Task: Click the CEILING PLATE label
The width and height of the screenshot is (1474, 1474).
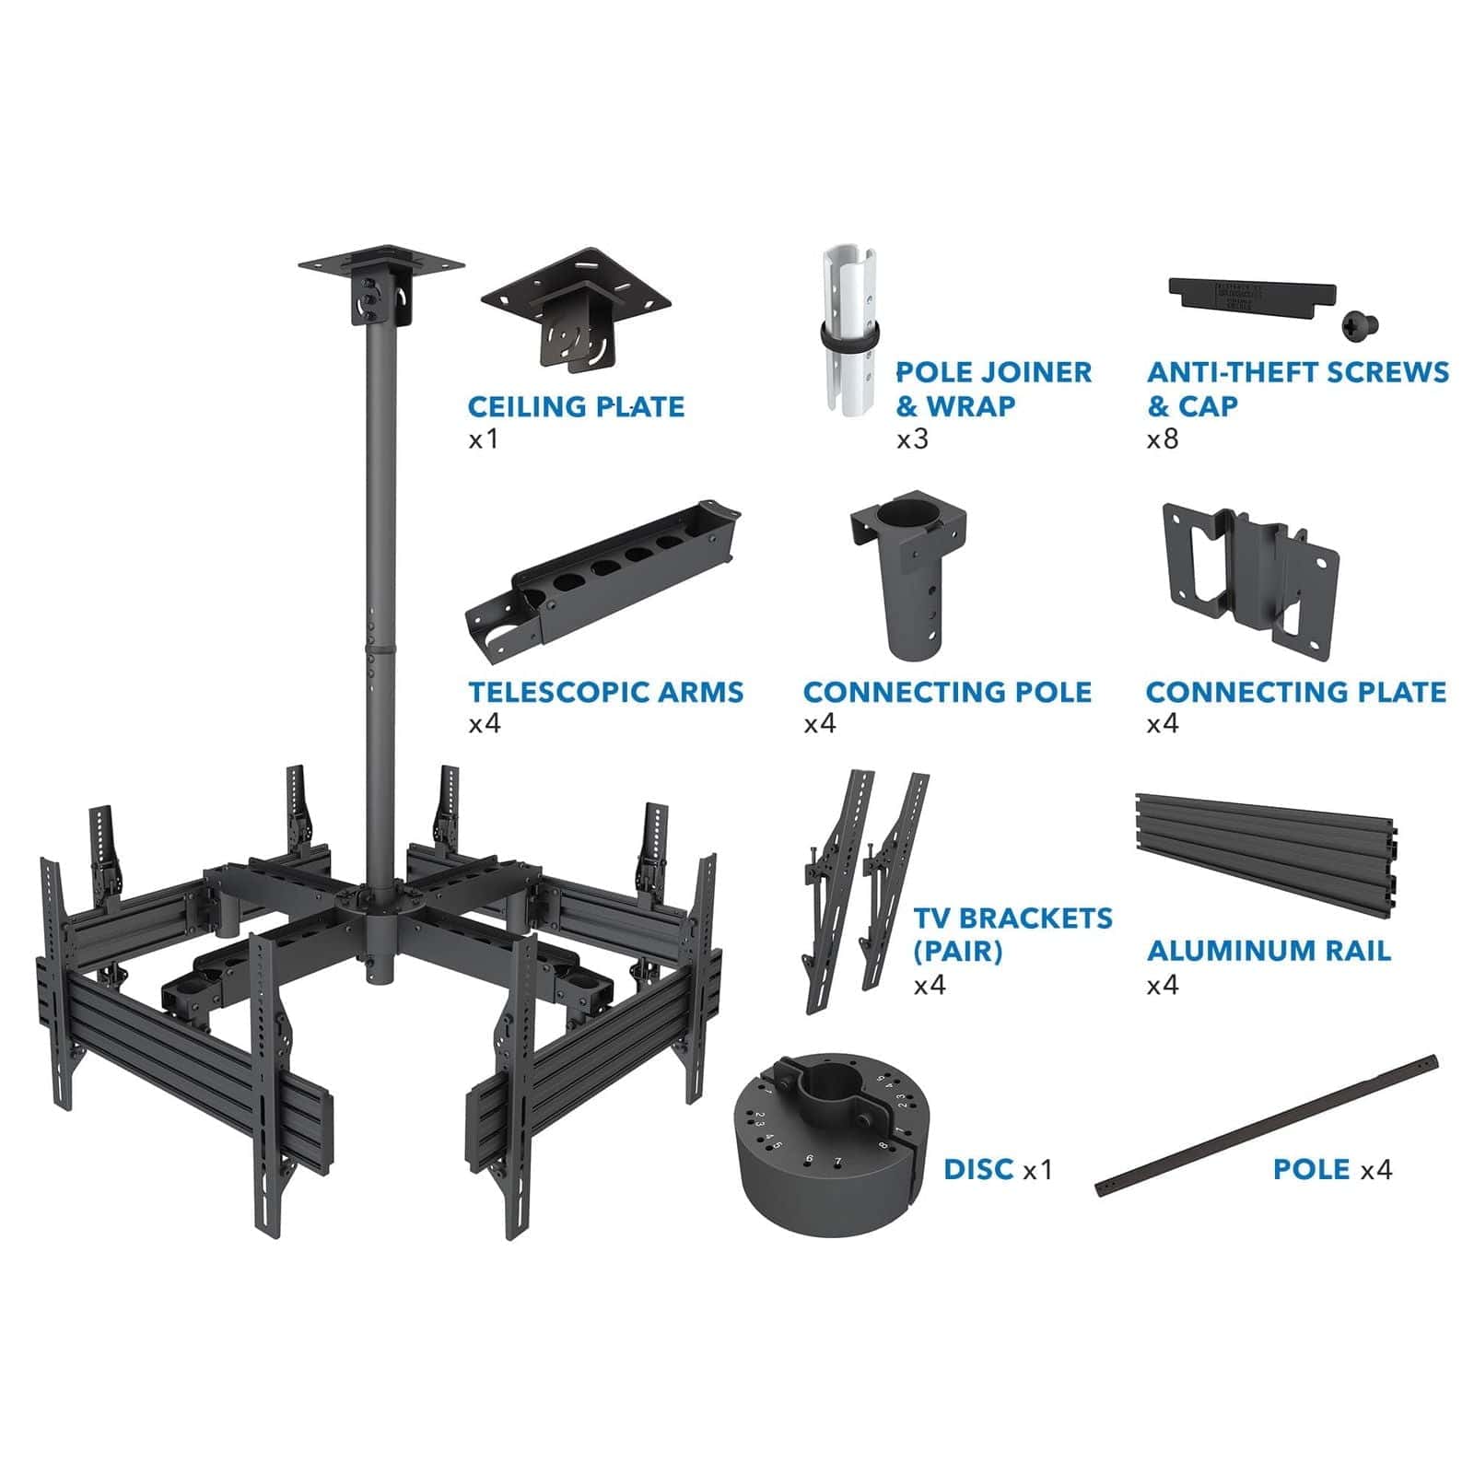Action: tap(576, 406)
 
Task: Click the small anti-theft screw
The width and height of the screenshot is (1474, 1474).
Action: tap(1359, 322)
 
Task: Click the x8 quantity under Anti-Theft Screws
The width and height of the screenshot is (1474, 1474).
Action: tap(1163, 439)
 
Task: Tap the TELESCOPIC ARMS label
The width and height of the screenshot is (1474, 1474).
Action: tap(605, 692)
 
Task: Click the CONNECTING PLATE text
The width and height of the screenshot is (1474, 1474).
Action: tap(1295, 692)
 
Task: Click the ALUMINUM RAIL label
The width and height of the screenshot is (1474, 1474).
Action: tap(1269, 951)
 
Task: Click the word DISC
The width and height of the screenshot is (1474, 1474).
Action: tap(978, 1169)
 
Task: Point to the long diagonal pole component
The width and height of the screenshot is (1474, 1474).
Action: tap(1267, 1126)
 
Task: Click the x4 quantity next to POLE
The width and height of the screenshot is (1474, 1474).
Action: tap(1376, 1170)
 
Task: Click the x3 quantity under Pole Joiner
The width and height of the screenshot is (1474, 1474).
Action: tap(913, 439)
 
